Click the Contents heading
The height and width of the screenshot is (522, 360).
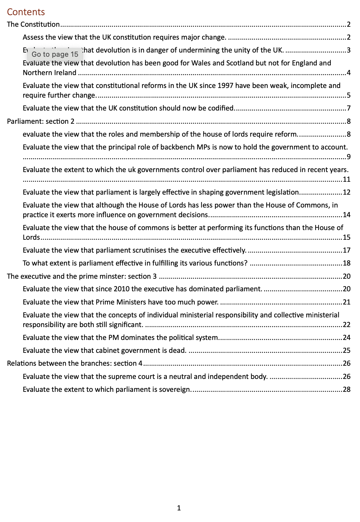(x=26, y=12)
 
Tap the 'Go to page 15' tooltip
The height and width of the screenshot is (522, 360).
(x=55, y=54)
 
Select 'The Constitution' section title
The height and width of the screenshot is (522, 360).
(x=33, y=24)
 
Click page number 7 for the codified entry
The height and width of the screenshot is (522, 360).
(x=349, y=108)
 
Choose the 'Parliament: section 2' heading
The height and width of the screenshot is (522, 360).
(x=41, y=121)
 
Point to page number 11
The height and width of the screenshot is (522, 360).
(x=347, y=179)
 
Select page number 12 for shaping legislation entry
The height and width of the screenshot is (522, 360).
(x=347, y=192)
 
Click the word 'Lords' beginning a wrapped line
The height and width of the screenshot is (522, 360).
(x=31, y=237)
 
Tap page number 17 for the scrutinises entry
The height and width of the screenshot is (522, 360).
(x=347, y=250)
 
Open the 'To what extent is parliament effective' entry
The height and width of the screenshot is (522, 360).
(x=135, y=263)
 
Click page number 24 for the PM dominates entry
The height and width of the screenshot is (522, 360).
(x=347, y=338)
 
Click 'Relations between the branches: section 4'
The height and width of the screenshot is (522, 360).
(x=75, y=363)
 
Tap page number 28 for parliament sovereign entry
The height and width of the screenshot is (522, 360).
(x=347, y=390)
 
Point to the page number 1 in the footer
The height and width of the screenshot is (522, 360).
(x=179, y=508)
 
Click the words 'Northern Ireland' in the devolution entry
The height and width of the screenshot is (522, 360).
(x=50, y=73)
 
